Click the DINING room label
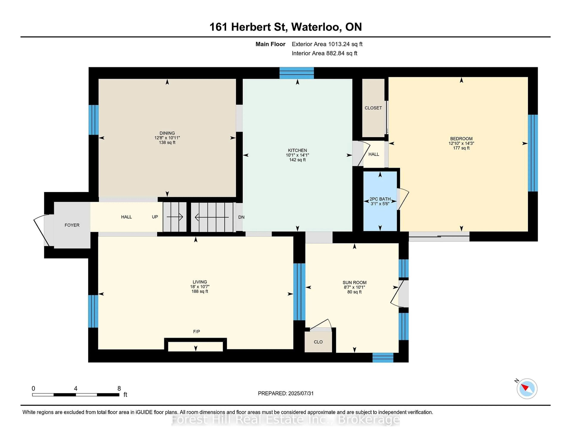point(167,133)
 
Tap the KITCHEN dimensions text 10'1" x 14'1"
point(297,155)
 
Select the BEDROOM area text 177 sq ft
point(461,148)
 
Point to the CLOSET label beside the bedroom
point(373,108)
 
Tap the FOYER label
point(72,225)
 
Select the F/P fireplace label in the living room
point(196,331)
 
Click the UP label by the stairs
point(155,217)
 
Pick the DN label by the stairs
point(241,217)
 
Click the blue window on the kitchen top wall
point(297,73)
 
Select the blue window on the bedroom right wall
point(533,153)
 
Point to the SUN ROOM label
point(354,282)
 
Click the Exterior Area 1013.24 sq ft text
point(327,44)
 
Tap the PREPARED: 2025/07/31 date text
point(285,393)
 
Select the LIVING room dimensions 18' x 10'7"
point(200,287)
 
